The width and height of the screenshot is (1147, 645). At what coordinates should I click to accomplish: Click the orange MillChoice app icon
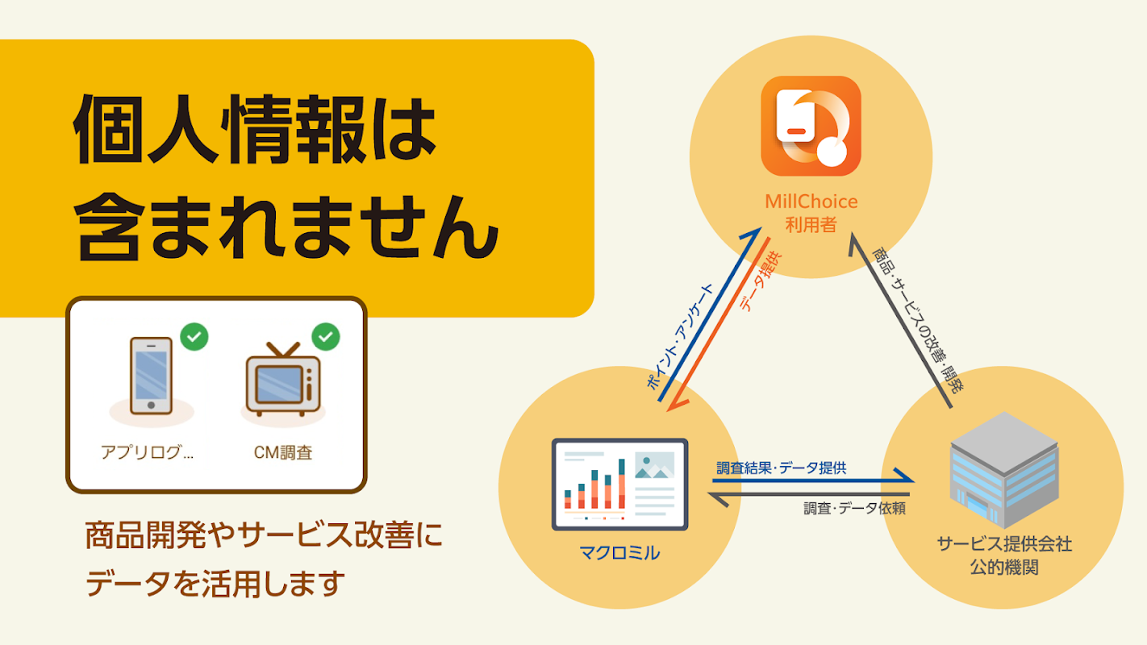[811, 126]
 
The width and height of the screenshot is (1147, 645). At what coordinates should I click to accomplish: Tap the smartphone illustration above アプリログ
[151, 376]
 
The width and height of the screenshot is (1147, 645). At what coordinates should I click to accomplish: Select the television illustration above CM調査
[283, 379]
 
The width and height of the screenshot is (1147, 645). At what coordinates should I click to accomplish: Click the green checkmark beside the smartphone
[194, 337]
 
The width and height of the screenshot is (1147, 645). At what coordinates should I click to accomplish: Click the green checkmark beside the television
[326, 337]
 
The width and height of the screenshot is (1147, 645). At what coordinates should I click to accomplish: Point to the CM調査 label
[283, 452]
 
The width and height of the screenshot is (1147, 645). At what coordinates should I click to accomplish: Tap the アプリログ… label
[147, 452]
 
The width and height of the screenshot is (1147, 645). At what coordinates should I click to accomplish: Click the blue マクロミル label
[619, 553]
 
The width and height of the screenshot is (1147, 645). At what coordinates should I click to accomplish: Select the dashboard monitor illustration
[619, 485]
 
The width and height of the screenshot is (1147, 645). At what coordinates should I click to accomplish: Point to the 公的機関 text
[1004, 567]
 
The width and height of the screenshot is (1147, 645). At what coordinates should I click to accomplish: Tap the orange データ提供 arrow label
[761, 281]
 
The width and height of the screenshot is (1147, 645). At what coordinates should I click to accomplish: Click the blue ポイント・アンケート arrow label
[679, 337]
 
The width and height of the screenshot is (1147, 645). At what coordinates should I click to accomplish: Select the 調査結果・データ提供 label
[782, 468]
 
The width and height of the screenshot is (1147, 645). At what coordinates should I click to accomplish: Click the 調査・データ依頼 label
[855, 508]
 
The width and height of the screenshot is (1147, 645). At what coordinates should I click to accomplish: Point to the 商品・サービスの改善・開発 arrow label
[918, 320]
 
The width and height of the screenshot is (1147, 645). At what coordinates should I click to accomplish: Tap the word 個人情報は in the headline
[255, 130]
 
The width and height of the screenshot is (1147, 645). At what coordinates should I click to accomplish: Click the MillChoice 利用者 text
[811, 213]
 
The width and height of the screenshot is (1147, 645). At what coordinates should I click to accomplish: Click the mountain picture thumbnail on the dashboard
[654, 465]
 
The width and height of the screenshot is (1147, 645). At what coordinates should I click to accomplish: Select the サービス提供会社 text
[1004, 543]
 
